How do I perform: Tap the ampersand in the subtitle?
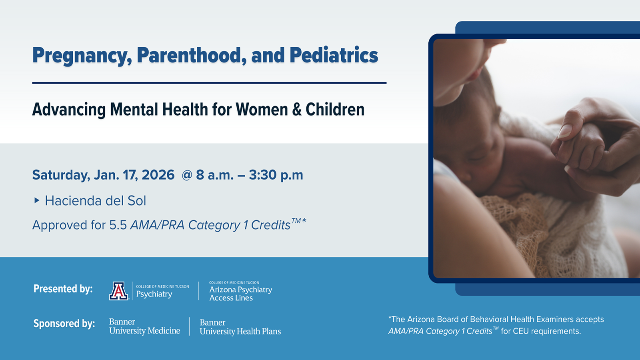coord(297,110)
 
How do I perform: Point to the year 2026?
coord(158,175)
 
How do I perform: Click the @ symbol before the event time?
coord(187,175)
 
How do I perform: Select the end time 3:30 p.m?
coord(276,175)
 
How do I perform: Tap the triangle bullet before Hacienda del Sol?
coord(36,200)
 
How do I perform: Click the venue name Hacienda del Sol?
coord(96,200)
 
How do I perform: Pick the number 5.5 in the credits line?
coord(118,225)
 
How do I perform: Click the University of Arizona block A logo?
coord(118,291)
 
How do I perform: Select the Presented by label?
coord(63,288)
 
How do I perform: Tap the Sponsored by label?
coord(64,324)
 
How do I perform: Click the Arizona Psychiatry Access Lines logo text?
coord(240,292)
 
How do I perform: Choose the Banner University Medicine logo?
coord(144,326)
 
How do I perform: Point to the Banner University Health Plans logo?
coord(240,327)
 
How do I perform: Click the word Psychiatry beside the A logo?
coord(154,294)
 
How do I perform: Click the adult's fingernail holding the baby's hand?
coord(565,132)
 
